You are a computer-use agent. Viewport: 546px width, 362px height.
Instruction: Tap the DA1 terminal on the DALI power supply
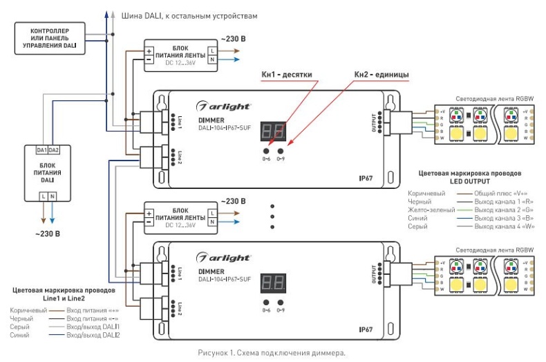(41, 150)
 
